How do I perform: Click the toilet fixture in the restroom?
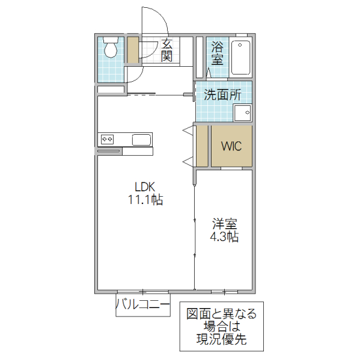coord(110,48)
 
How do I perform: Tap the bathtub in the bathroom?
coord(240,57)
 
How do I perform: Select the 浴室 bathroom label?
coord(217,53)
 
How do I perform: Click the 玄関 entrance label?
coord(167,51)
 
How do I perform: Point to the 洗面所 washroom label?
coord(222,94)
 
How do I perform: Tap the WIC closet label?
coord(231,146)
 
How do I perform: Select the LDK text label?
coord(145,187)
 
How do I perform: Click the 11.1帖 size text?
coord(145,200)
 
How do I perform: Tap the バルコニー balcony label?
coord(142,305)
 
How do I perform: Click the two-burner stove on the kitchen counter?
coord(108,139)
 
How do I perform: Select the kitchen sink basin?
coord(141,140)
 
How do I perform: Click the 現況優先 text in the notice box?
coord(221,340)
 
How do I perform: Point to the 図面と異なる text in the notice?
coord(221,313)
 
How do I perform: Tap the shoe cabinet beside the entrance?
coord(133,51)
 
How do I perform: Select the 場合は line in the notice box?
coord(221,327)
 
